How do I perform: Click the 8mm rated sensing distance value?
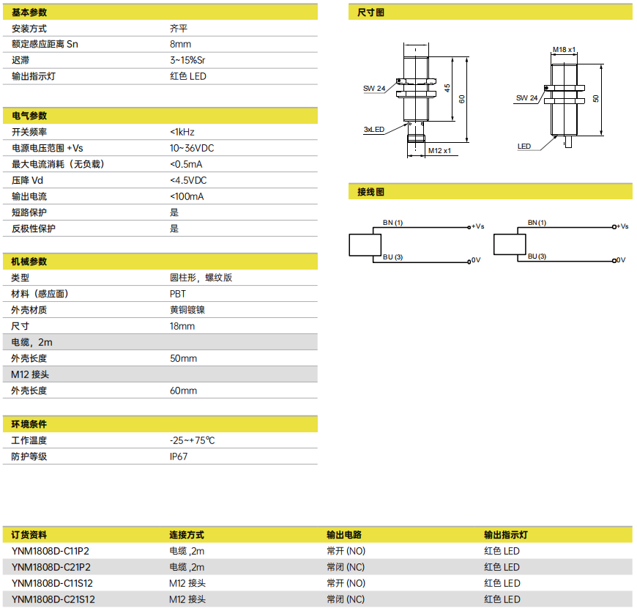coord(180,44)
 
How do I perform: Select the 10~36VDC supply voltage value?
coord(192,148)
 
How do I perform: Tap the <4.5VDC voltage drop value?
coord(188,180)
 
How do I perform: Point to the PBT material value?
coord(177,294)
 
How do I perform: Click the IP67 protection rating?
coord(179,456)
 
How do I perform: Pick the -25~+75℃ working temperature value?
coord(192,440)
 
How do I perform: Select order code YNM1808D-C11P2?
coord(51,551)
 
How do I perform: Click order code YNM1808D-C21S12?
coord(53,599)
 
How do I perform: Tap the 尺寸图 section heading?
coord(370,12)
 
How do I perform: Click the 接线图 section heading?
coord(370,192)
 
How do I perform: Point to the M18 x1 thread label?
coord(564,50)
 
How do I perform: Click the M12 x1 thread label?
coord(439,150)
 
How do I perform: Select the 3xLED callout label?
coord(373,129)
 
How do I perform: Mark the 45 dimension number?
coord(447,88)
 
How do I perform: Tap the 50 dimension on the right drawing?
coord(595,98)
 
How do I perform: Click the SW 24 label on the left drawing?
coord(374,88)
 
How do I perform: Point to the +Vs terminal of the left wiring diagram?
coord(477,226)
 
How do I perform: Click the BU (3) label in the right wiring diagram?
coord(537,256)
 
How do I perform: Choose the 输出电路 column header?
coord(344,535)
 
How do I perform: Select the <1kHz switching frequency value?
coord(182,132)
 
